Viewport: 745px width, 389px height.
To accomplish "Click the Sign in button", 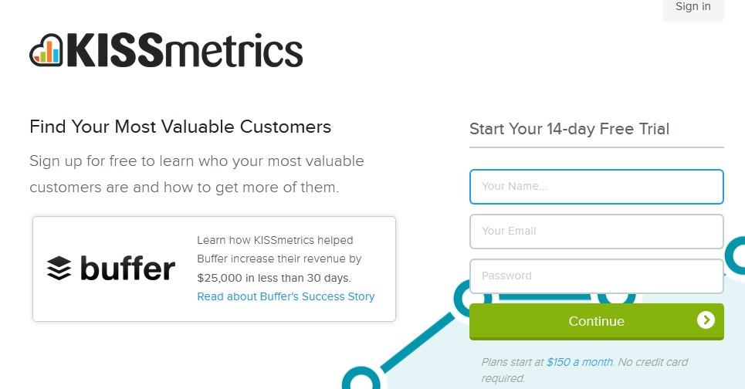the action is pos(693,8).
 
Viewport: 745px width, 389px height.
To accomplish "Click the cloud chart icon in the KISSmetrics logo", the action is pos(46,50).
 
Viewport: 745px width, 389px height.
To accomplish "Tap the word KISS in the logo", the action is pos(115,50).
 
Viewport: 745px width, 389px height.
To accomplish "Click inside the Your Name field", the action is pos(596,187).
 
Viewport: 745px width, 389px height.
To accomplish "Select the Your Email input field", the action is pos(596,232).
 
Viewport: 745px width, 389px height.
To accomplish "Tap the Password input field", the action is pos(596,276).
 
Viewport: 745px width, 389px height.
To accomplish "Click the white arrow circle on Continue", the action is pos(706,320).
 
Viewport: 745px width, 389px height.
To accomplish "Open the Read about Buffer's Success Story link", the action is pos(286,297).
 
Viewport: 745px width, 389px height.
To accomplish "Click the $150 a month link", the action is pos(580,362).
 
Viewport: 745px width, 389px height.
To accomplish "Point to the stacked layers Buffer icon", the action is pos(59,268).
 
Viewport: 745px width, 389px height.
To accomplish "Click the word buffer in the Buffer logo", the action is pos(128,268).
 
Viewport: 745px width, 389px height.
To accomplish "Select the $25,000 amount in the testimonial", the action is pos(218,278).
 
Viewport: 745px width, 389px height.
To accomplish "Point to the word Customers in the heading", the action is pos(286,127).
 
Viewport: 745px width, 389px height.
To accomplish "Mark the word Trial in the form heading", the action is pos(654,129).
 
